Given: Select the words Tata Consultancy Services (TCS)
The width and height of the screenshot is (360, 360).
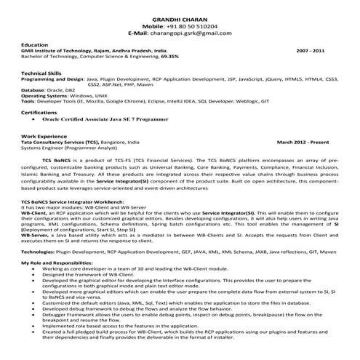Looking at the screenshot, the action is point(62,142).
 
